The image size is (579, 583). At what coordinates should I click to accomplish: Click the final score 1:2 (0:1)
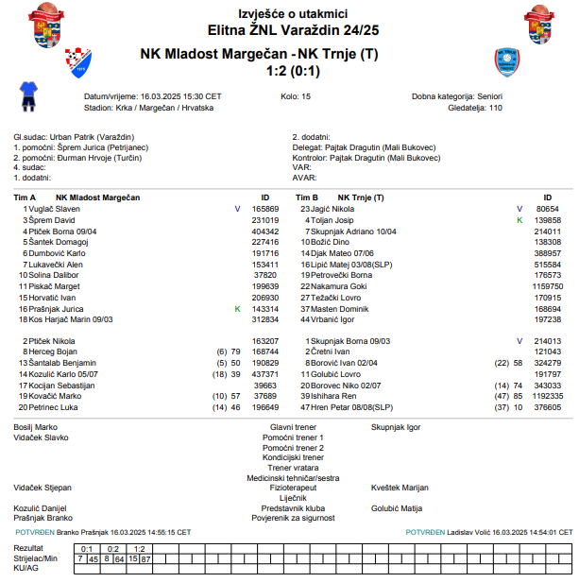coord(289,70)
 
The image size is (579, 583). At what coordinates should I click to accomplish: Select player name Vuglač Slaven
coord(54,208)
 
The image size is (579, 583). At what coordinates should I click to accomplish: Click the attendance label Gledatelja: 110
coord(475,109)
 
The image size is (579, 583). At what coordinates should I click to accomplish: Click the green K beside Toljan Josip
coord(519,219)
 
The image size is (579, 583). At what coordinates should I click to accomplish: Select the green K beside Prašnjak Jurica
coord(237,309)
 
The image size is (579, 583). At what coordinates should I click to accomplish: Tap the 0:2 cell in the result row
coord(113,548)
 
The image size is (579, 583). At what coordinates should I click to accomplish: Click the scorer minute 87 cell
coord(146,558)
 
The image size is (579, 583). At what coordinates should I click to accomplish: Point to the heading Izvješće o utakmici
coord(289,13)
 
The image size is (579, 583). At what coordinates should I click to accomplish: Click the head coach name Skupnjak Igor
coord(396,427)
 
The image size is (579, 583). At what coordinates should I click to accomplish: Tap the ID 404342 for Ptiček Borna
coord(264,231)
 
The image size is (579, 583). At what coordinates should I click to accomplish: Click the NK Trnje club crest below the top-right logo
coord(506,62)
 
